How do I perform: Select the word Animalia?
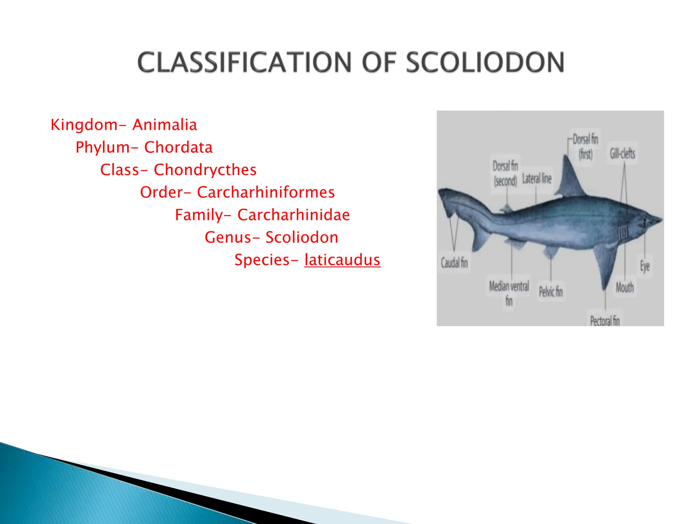[165, 125]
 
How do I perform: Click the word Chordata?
[178, 147]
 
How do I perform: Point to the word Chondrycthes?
[205, 170]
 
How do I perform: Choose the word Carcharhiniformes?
[266, 192]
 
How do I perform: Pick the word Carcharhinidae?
[294, 215]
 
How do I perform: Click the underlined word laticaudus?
[342, 260]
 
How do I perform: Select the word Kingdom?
[84, 125]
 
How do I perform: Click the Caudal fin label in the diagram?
[454, 263]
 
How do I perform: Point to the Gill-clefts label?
[622, 154]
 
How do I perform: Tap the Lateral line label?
[537, 178]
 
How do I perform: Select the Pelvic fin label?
[551, 292]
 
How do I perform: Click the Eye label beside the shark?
[644, 266]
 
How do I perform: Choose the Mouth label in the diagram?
[624, 288]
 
